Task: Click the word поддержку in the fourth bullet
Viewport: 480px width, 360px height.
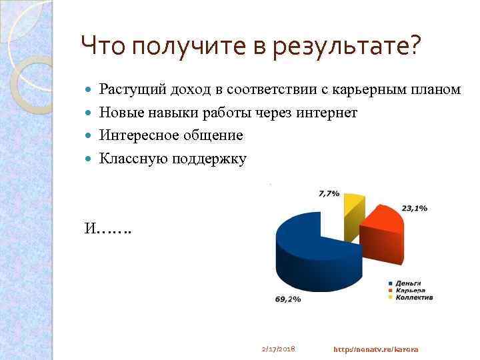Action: (x=210, y=159)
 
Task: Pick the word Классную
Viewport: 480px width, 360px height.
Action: (x=133, y=159)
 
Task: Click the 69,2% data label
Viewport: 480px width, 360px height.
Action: (x=287, y=300)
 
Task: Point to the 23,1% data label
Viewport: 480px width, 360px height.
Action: (x=414, y=208)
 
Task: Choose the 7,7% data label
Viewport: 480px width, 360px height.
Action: (x=329, y=193)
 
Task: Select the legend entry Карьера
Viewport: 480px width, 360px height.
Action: (x=409, y=290)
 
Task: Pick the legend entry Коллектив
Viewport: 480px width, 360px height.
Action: (x=413, y=297)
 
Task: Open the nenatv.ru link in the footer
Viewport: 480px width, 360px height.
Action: (x=375, y=349)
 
